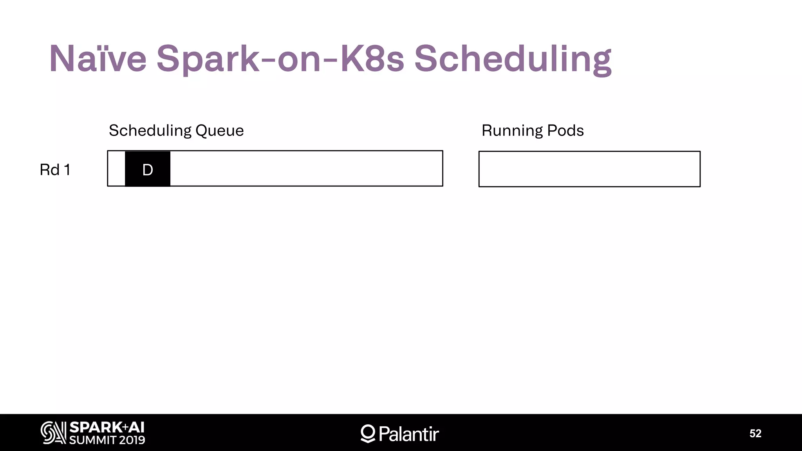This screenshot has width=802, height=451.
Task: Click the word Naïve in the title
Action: (98, 59)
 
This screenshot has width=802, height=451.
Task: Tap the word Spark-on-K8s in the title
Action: (280, 59)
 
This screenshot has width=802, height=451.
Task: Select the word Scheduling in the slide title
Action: (513, 59)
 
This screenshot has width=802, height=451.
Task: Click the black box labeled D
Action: (148, 169)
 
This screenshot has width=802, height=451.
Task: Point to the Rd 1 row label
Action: (55, 170)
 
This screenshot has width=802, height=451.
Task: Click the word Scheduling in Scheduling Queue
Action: (150, 131)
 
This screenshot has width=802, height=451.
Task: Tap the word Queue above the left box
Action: (219, 131)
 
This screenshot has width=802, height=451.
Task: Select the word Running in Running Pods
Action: (512, 131)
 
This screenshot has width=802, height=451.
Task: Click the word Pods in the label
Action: (565, 131)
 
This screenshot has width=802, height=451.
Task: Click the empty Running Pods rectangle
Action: (589, 169)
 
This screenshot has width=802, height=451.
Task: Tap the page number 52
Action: (755, 433)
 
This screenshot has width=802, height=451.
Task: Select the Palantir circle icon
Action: (368, 433)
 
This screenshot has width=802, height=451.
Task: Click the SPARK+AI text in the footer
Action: (107, 428)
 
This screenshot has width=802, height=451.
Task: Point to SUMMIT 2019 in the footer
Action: (107, 440)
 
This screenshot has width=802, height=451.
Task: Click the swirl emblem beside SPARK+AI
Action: (53, 433)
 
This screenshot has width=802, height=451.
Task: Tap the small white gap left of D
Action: (116, 169)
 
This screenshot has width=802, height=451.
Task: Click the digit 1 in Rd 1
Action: (67, 170)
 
